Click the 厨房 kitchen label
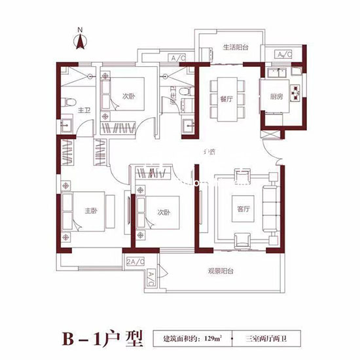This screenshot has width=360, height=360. (278, 96)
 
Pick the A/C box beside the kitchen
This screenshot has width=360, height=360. (284, 54)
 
